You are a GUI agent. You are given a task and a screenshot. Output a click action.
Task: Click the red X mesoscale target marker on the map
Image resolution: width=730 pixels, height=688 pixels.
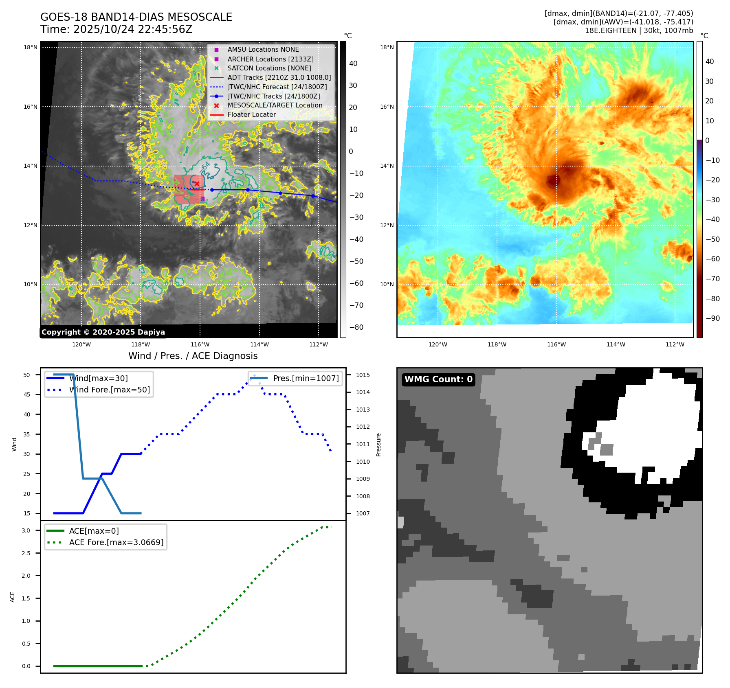click(197, 184)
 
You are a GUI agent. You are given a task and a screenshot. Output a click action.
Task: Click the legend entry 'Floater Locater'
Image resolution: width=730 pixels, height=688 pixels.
click(251, 115)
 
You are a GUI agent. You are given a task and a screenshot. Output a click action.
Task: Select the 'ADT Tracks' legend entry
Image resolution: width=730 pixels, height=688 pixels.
click(279, 77)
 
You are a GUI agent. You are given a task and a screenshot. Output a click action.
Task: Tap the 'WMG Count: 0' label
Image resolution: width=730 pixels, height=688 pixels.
click(438, 379)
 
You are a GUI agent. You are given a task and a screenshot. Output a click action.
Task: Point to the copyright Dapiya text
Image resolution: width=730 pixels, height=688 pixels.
click(103, 332)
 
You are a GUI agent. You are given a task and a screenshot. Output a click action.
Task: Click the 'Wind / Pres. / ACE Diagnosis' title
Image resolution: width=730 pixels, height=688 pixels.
click(193, 356)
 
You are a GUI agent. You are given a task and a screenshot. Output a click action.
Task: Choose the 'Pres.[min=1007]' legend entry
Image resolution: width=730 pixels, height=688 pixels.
click(306, 378)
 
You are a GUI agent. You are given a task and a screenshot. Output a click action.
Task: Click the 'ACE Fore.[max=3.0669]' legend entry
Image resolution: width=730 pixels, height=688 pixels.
click(116, 542)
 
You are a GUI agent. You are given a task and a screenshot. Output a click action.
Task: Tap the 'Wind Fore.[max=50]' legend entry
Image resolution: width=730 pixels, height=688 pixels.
click(109, 390)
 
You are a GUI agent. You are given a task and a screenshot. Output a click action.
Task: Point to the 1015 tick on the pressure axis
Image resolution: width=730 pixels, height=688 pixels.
click(363, 375)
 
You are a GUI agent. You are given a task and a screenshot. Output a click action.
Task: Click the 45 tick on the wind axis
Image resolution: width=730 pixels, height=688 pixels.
click(26, 394)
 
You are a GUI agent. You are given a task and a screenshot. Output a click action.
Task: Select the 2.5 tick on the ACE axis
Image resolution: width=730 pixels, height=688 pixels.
click(26, 553)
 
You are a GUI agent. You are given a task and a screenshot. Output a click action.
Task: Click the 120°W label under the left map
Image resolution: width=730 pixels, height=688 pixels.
click(81, 345)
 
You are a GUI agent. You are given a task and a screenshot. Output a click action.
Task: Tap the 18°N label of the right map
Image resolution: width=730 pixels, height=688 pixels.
click(387, 47)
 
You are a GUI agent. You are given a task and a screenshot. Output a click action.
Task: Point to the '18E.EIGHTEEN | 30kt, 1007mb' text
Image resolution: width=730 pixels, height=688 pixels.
click(639, 31)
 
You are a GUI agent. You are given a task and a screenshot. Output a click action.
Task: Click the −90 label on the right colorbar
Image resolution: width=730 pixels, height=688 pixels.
click(712, 318)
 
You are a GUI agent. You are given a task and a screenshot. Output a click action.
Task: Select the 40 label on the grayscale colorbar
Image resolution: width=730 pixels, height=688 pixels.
click(353, 64)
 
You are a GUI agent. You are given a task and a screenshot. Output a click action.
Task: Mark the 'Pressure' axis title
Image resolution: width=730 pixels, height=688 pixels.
click(378, 445)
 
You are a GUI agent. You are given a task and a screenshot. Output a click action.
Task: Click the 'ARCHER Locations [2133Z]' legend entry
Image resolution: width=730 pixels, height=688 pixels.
click(270, 59)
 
